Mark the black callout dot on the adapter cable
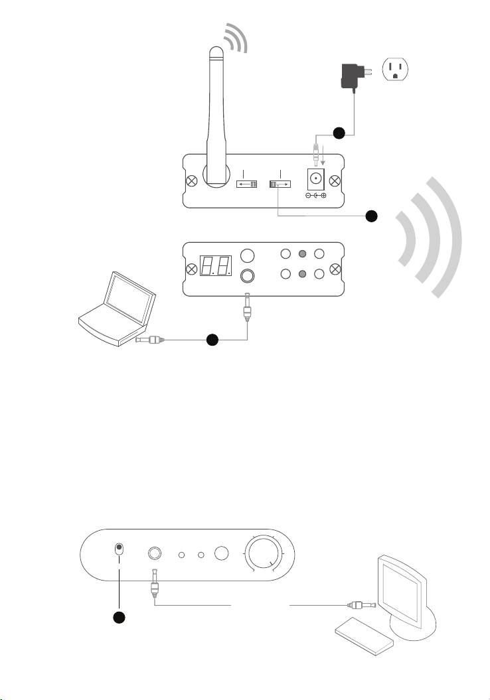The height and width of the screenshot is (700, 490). [339, 133]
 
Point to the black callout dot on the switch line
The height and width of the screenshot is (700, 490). [372, 216]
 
